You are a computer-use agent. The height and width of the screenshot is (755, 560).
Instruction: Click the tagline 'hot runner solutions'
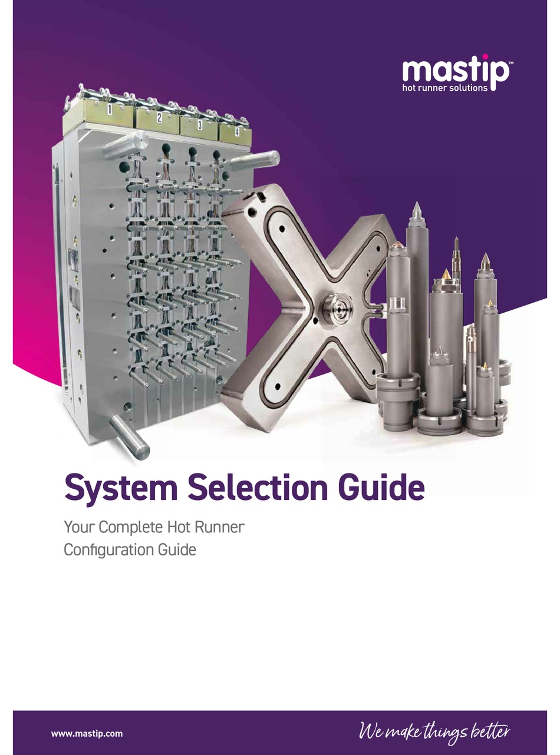(445, 88)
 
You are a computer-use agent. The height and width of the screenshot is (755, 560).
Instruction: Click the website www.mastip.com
(87, 733)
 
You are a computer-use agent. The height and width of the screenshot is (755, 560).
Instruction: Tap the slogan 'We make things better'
(434, 732)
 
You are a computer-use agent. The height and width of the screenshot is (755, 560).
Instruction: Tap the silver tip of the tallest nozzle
(416, 209)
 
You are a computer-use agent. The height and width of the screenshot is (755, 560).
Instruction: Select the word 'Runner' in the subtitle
(218, 527)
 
